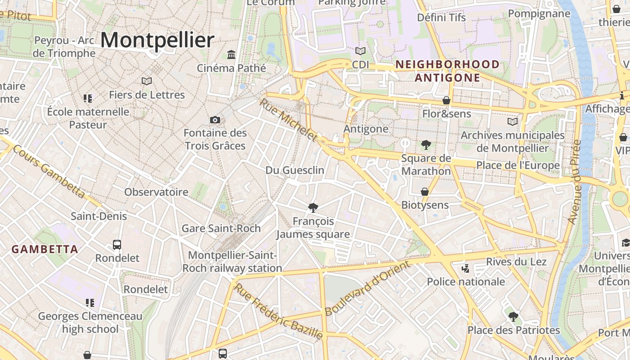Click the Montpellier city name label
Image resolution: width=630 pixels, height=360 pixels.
click(x=157, y=40)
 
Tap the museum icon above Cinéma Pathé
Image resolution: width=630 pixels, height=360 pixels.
click(x=231, y=54)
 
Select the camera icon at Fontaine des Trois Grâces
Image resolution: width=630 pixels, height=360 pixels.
click(x=215, y=120)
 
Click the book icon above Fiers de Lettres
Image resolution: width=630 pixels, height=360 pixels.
click(x=147, y=81)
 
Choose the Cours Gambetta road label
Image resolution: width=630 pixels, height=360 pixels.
click(x=49, y=171)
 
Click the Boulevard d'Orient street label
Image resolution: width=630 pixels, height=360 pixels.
click(x=368, y=288)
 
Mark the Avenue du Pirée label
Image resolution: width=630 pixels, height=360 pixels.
click(x=575, y=182)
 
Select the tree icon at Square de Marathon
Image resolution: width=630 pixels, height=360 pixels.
click(x=426, y=145)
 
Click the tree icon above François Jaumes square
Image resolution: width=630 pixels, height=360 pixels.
click(x=313, y=207)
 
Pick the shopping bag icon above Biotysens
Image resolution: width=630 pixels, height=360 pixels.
click(x=424, y=192)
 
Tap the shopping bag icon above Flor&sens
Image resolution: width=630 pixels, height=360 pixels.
click(x=446, y=100)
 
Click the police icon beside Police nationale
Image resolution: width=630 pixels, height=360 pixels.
click(x=466, y=269)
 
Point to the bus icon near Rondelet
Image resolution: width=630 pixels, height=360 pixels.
click(x=117, y=245)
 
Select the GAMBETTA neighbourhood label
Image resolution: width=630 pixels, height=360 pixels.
click(x=45, y=249)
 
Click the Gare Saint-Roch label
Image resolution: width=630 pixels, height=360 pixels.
click(x=221, y=228)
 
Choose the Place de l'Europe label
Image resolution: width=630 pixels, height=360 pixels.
click(x=518, y=165)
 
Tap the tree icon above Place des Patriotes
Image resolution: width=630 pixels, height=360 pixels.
click(x=513, y=317)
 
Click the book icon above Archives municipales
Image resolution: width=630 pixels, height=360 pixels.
click(x=513, y=121)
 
